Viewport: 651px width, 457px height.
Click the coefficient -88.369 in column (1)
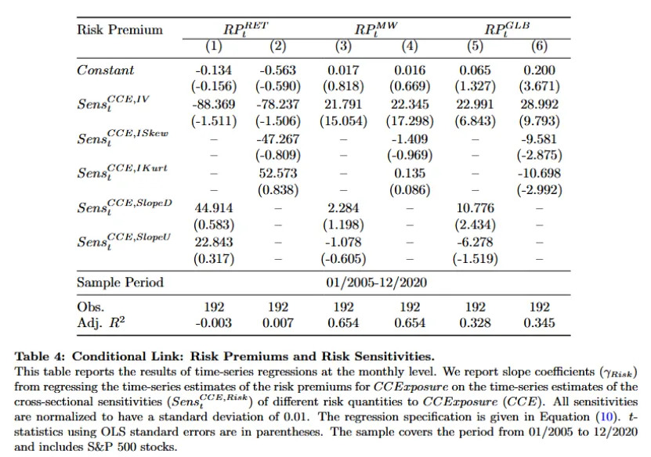(x=213, y=104)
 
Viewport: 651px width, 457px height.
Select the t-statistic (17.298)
(x=410, y=121)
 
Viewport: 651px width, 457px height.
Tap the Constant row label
(x=106, y=70)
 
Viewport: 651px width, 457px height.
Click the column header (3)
(x=343, y=45)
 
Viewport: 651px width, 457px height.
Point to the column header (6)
(x=539, y=45)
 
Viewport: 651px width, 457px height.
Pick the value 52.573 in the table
(x=278, y=173)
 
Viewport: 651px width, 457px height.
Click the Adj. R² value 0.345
(x=539, y=322)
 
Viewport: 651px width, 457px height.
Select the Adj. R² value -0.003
(x=213, y=322)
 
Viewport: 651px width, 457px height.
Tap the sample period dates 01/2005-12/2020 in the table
(x=376, y=282)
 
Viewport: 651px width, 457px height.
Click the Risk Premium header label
(x=120, y=30)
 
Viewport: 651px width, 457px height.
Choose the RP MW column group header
(x=376, y=28)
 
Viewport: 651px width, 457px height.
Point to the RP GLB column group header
(x=507, y=28)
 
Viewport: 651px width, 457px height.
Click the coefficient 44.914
(x=213, y=208)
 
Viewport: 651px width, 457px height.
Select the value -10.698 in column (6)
(x=539, y=173)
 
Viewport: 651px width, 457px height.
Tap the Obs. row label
(x=91, y=307)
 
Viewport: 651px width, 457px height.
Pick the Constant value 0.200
(x=539, y=70)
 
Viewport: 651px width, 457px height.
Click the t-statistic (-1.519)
(x=475, y=259)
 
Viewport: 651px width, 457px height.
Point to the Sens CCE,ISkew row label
(x=123, y=138)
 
